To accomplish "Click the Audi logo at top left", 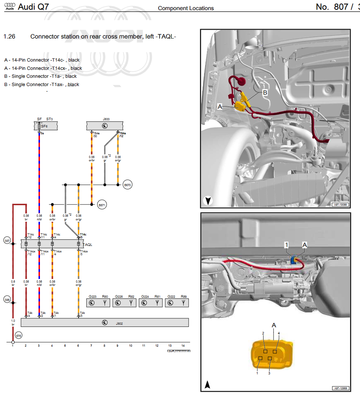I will tap(10, 6).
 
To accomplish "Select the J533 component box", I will tap(104, 126).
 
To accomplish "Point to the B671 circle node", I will tap(102, 204).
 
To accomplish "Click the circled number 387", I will tap(7, 240).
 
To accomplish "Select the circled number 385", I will tap(7, 299).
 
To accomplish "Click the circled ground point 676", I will tap(19, 335).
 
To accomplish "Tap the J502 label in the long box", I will tap(119, 323).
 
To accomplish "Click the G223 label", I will tap(93, 297).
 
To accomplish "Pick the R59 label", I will tap(184, 297).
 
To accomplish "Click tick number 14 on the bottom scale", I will tap(183, 346).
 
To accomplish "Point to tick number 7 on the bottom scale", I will tap(91, 346).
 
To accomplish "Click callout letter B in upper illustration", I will tap(265, 92).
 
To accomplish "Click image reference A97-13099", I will tap(340, 204).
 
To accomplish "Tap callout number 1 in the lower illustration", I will tap(287, 245).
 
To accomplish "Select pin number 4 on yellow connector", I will tap(279, 333).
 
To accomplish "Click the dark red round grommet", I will tap(240, 82).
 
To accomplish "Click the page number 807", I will tap(332, 6).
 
